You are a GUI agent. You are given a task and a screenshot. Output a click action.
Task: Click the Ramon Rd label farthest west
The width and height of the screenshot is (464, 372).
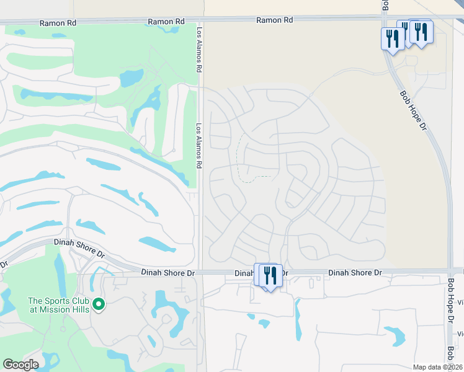click(x=58, y=22)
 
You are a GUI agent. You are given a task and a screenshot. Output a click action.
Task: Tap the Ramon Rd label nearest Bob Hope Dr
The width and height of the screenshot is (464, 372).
click(x=275, y=20)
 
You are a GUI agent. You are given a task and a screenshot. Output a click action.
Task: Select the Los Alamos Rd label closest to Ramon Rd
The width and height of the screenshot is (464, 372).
click(x=200, y=48)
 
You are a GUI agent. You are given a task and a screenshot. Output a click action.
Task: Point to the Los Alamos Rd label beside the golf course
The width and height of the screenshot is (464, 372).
click(x=200, y=146)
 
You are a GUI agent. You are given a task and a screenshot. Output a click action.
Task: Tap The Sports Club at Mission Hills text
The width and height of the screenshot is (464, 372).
click(x=58, y=305)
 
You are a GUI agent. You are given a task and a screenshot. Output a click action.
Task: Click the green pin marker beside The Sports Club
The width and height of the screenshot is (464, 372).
click(x=98, y=304)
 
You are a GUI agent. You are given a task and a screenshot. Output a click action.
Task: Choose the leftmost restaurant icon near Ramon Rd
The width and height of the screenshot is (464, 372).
click(x=392, y=38)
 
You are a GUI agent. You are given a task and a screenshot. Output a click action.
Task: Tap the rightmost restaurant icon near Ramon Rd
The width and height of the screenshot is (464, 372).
click(x=421, y=32)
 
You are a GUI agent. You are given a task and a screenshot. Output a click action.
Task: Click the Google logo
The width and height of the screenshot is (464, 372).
click(x=20, y=365)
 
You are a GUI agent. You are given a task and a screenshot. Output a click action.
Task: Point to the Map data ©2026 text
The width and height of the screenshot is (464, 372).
click(x=437, y=367)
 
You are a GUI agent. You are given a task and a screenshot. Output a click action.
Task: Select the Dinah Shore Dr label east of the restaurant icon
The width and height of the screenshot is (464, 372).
click(x=355, y=272)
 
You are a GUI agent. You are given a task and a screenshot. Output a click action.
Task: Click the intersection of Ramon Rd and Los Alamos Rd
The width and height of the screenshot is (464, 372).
click(x=200, y=21)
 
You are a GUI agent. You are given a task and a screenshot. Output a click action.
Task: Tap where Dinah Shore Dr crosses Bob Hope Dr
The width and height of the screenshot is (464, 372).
click(x=449, y=271)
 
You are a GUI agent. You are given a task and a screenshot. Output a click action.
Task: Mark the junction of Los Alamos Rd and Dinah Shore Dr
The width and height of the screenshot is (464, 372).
click(x=201, y=272)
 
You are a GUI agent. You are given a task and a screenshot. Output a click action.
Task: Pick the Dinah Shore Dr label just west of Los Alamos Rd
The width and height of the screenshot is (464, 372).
click(x=167, y=272)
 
